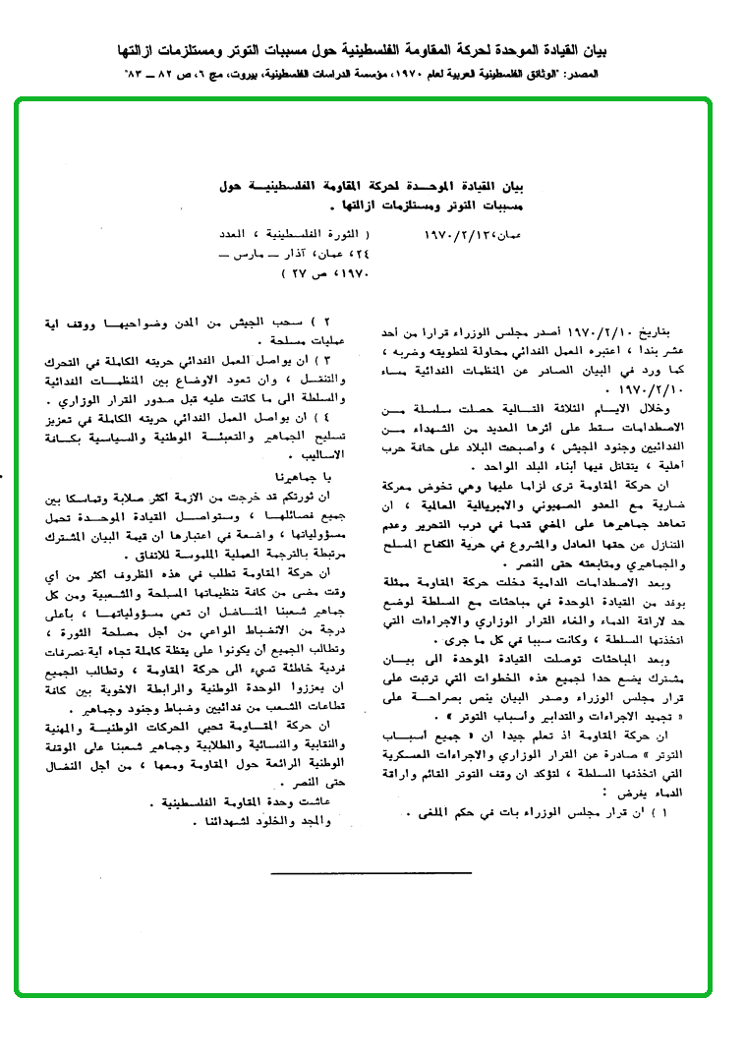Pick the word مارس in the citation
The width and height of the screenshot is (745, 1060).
[x=244, y=254]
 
